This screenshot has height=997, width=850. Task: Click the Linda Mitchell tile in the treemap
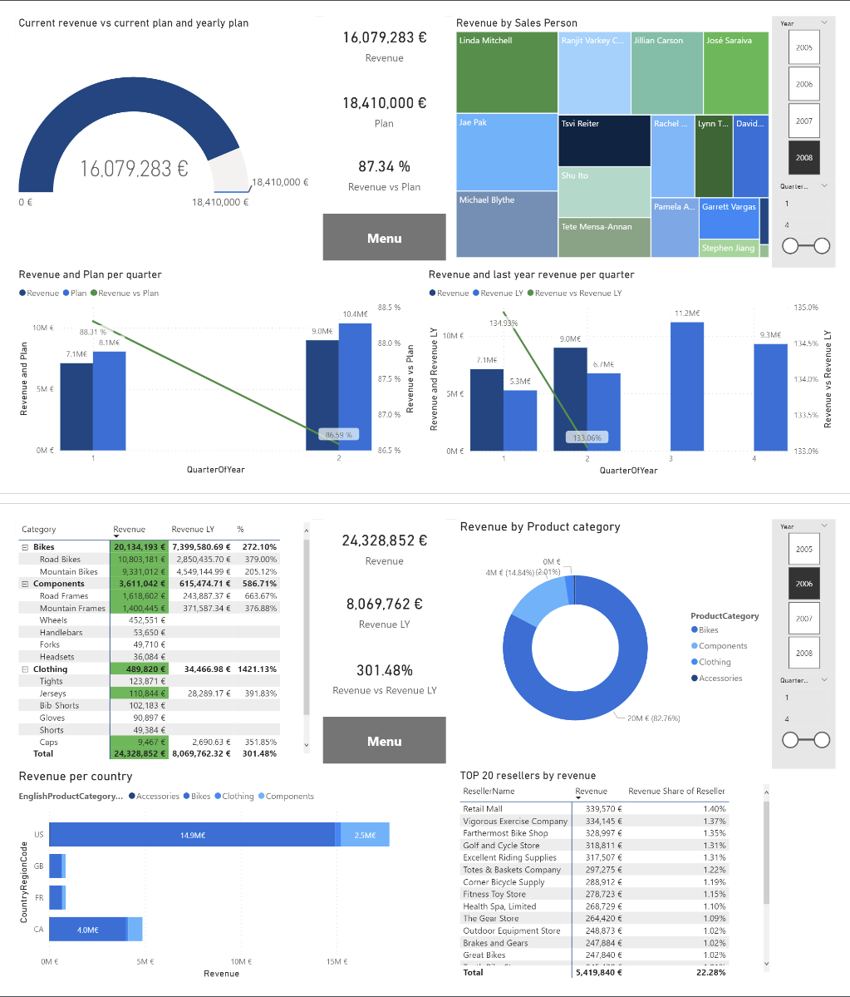pos(506,73)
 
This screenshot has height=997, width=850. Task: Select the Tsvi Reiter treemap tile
pos(604,140)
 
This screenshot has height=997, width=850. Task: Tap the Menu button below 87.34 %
pos(384,238)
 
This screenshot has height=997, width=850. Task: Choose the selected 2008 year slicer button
pos(803,157)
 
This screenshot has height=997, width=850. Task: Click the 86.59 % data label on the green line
pos(339,434)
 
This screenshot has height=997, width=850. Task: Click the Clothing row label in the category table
pos(51,669)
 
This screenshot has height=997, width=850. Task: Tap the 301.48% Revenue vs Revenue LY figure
pos(384,670)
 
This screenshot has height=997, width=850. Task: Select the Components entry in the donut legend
pos(722,646)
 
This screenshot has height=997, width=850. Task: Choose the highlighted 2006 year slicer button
pos(803,584)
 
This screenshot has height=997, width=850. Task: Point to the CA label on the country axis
pos(39,929)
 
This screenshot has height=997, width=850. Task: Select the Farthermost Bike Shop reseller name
pos(505,833)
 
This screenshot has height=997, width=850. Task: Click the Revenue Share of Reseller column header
pos(676,792)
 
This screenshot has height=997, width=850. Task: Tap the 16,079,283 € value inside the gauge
pos(134,169)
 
